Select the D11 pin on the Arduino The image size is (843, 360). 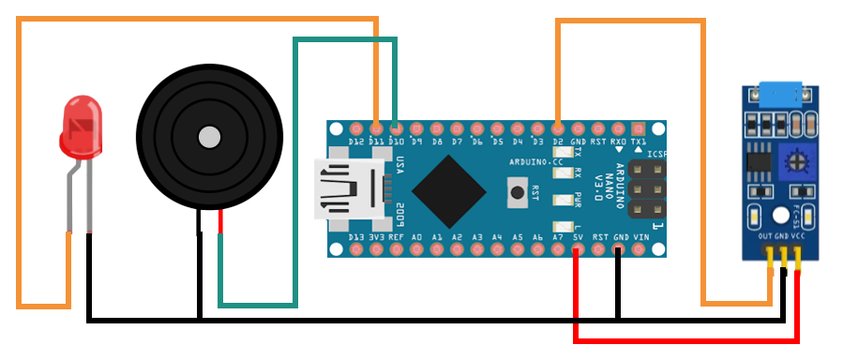[x=376, y=127]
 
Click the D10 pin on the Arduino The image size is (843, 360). [x=396, y=127]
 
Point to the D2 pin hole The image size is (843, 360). [x=558, y=127]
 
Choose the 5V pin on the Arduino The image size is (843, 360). [x=578, y=250]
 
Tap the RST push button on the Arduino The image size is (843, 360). [x=516, y=195]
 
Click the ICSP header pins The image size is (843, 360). [x=647, y=188]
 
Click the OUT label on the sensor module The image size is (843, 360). [x=766, y=238]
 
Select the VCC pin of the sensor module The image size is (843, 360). [x=798, y=257]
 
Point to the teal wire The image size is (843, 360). [x=295, y=169]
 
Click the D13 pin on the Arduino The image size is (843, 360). [x=355, y=250]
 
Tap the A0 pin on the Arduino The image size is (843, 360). [x=417, y=250]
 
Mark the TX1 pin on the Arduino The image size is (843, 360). [x=640, y=127]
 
